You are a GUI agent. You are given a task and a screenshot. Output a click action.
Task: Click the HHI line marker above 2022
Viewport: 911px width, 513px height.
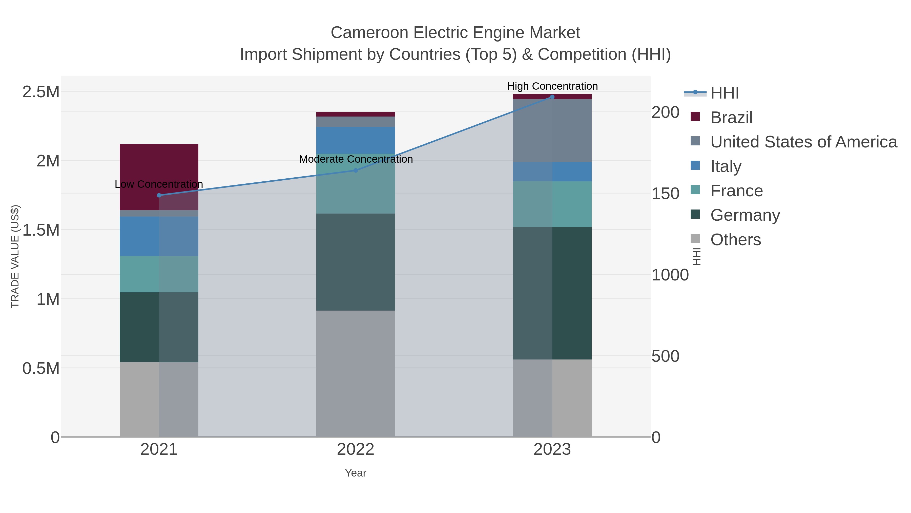point(356,170)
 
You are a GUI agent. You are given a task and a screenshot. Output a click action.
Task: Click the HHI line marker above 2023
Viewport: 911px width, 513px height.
point(552,97)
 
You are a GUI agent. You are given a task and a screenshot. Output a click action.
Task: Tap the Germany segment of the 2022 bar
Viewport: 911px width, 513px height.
point(356,262)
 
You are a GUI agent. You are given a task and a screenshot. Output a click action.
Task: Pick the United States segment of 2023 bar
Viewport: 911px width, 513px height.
point(552,131)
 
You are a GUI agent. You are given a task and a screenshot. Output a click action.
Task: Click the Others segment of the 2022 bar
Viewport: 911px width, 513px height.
point(356,373)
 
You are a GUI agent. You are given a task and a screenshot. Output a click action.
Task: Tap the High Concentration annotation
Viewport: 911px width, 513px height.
point(552,86)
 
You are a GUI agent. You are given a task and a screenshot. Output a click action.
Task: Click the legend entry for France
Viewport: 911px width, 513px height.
point(736,191)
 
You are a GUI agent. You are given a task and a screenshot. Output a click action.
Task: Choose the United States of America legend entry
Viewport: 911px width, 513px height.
point(803,142)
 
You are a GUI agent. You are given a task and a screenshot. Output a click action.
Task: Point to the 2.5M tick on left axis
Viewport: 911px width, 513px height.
point(41,92)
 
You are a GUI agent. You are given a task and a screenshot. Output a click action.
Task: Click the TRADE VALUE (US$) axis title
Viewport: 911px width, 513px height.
point(15,256)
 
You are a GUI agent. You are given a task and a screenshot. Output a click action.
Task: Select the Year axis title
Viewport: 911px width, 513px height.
point(356,473)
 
